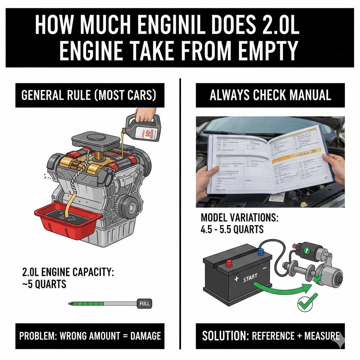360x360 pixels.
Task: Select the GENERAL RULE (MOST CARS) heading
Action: (x=90, y=96)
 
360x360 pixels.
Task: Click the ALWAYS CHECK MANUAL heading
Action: (x=270, y=96)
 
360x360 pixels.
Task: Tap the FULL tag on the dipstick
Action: (x=144, y=303)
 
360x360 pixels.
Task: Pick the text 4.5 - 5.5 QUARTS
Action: (x=232, y=229)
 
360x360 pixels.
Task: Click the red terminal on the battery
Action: (x=229, y=263)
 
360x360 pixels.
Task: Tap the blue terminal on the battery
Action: (x=261, y=251)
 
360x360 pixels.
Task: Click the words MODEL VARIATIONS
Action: (x=239, y=218)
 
